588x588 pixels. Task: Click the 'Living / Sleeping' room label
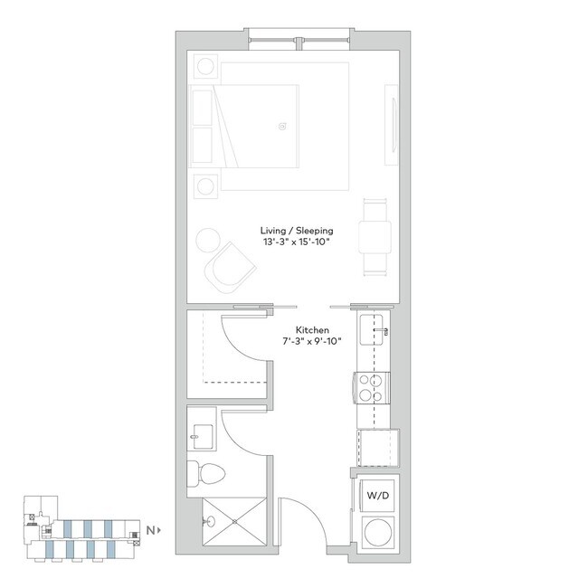tap(289, 231)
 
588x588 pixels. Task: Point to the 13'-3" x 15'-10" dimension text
tap(289, 243)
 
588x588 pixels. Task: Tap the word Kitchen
tap(312, 331)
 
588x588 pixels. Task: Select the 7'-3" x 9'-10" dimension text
tap(312, 344)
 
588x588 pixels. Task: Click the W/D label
tap(375, 496)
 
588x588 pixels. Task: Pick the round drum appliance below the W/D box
tap(375, 531)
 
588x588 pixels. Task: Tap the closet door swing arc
tap(242, 335)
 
